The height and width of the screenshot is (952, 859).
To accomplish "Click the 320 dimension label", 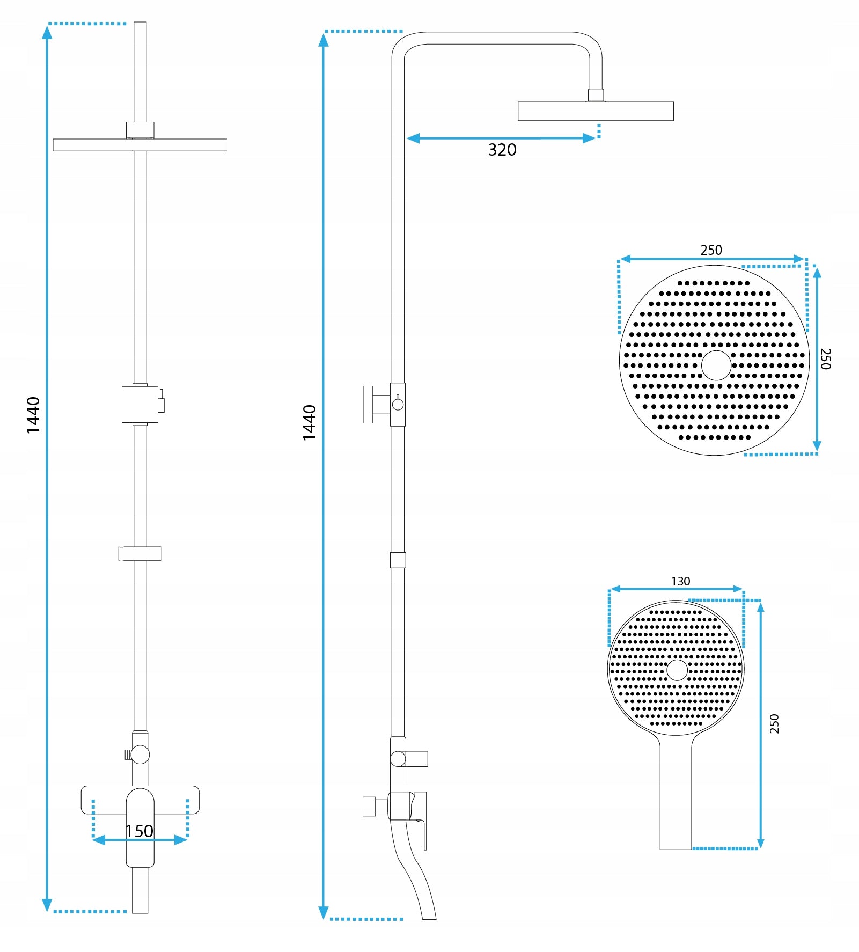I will tap(502, 150).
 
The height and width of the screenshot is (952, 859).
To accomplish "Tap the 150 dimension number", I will tap(139, 831).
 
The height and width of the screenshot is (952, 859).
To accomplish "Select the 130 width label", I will tap(680, 581).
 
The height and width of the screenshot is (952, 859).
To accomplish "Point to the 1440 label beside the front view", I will tap(33, 415).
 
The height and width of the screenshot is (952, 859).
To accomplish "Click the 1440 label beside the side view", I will tap(310, 422).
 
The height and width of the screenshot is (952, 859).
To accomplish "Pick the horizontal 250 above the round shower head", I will tap(711, 250).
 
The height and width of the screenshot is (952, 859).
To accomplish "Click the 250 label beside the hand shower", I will tap(774, 723).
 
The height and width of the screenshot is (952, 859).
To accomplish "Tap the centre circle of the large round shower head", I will tap(716, 365).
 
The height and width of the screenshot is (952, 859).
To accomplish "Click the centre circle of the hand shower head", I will tap(677, 670).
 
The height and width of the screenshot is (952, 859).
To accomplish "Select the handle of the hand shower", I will tap(676, 794).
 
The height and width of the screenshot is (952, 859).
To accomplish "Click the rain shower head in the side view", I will tap(595, 111).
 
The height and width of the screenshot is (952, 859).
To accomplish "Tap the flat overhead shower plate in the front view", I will tap(140, 145).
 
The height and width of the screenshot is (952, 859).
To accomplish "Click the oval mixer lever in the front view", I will tap(140, 826).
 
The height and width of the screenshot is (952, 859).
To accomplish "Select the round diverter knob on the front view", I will tap(140, 754).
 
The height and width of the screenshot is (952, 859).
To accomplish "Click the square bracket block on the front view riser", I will tap(140, 404).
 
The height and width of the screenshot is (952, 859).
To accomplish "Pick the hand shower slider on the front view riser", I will tap(140, 553).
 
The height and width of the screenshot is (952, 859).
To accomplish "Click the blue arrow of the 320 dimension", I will tap(501, 138).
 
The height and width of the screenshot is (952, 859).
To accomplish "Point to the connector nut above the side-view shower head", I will tap(596, 96).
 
